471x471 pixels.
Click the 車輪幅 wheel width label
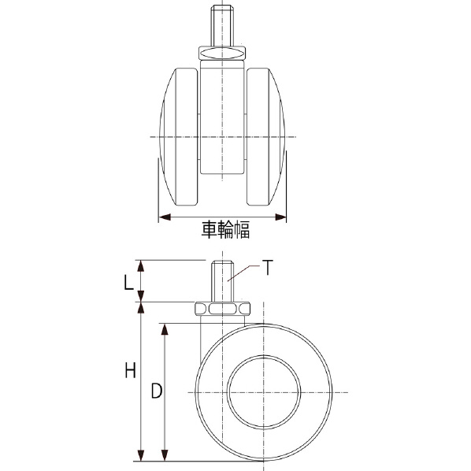pos(225,230)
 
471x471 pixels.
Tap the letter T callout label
pos(267,267)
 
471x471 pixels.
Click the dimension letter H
pos(131,370)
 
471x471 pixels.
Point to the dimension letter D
pos(157,391)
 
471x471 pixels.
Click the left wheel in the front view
pos(179,137)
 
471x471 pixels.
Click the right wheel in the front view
pos(265,137)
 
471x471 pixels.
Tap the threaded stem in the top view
pos(222,26)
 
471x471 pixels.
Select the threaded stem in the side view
pos(222,281)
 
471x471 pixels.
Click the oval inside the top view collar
pos(222,54)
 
